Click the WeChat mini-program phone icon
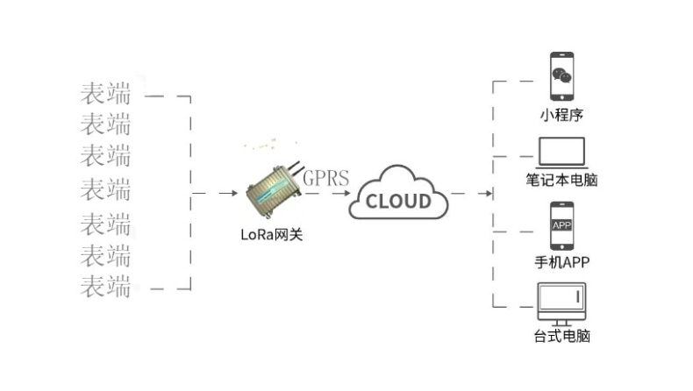point(561,77)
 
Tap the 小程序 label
point(561,115)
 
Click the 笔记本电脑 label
point(561,182)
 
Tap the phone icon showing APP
point(561,226)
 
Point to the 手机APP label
point(561,263)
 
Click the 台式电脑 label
point(561,337)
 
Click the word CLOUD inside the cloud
point(398,201)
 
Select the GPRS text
point(325,179)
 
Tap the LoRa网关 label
point(271,234)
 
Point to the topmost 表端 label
point(105,92)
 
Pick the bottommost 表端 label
point(105,286)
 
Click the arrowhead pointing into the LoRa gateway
point(233,193)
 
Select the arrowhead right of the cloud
point(488,192)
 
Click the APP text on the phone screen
point(561,225)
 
